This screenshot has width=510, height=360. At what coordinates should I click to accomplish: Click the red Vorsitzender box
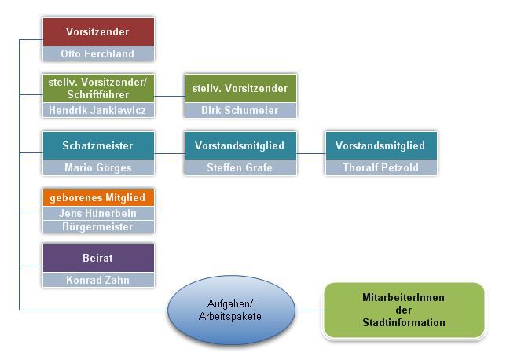(97, 32)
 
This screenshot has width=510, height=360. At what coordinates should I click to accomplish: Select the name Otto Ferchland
(97, 54)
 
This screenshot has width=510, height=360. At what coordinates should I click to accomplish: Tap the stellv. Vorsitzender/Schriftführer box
(97, 88)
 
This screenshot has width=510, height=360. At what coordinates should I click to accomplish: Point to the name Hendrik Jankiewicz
(97, 111)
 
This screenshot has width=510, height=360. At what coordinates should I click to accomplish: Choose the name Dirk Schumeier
(240, 111)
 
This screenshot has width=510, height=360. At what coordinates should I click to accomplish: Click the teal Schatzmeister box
(97, 145)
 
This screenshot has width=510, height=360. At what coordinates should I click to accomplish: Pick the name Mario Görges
(97, 167)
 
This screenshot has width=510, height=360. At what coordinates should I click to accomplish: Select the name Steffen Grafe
(240, 167)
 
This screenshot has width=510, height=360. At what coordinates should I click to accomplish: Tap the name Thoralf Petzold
(380, 167)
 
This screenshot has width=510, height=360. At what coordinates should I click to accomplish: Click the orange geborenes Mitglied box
(97, 198)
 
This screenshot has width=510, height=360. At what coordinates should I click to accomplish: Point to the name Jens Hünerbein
(97, 213)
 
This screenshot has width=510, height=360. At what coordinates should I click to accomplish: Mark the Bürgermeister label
(97, 226)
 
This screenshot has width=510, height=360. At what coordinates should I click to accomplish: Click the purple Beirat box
(97, 258)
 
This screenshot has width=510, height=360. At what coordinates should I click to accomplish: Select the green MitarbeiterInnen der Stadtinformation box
(403, 310)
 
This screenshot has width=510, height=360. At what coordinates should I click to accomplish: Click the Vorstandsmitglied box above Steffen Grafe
(240, 145)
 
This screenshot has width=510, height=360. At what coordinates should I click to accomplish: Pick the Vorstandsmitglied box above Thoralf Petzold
(380, 145)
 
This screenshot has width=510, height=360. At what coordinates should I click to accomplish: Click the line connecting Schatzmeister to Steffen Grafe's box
(169, 153)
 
